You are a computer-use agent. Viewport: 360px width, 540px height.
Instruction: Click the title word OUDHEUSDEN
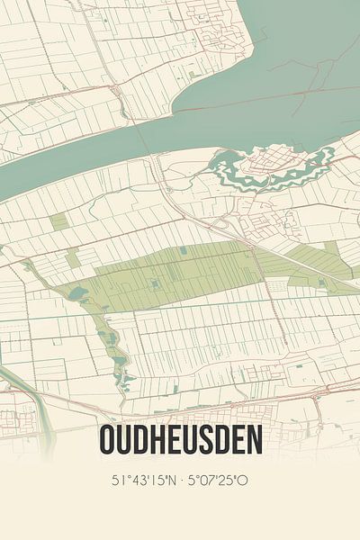180,441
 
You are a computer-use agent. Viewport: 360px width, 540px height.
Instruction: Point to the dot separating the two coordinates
180,480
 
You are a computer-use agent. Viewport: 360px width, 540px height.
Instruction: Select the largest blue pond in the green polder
74,293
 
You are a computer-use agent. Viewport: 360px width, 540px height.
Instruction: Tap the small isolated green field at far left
58,221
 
